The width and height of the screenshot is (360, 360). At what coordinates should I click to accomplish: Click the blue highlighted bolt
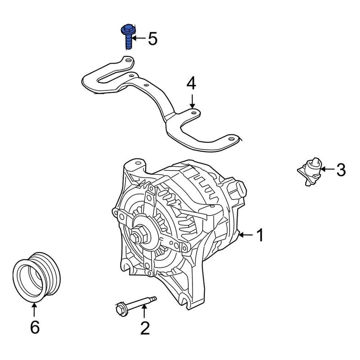(127, 37)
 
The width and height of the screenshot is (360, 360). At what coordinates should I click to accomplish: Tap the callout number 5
(152, 39)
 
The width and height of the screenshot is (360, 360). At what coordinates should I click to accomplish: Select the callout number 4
(191, 84)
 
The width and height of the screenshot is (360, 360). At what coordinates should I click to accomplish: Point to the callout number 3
(340, 170)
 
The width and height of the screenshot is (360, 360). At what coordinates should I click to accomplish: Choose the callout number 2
(145, 328)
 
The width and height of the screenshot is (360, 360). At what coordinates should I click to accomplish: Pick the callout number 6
(34, 328)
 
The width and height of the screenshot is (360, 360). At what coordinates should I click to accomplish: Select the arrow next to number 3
(326, 169)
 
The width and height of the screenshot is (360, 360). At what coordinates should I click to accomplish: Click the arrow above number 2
(144, 312)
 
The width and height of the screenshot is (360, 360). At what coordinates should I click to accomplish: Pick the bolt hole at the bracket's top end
(128, 60)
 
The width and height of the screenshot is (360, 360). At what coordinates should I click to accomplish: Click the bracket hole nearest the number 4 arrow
(193, 112)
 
